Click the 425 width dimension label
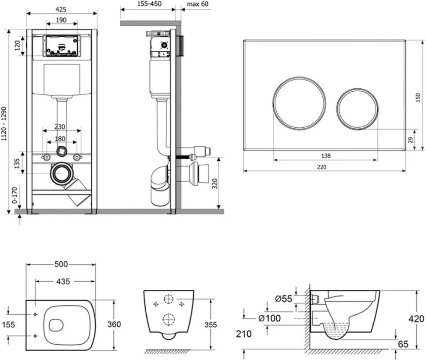[61, 10]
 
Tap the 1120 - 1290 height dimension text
[4, 124]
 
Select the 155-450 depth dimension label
[149, 4]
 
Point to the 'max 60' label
[198, 4]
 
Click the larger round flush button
[299, 102]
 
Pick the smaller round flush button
[357, 108]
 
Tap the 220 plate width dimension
[321, 167]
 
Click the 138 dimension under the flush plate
[326, 156]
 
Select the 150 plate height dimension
[418, 97]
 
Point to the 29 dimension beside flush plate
[411, 140]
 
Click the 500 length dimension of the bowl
[61, 264]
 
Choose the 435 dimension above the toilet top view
[63, 281]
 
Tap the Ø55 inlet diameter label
[283, 299]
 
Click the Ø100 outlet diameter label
[269, 318]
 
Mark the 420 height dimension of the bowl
[416, 319]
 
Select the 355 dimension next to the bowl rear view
[210, 325]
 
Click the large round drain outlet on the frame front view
[61, 174]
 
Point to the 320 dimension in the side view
[215, 184]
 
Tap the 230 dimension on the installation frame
[60, 127]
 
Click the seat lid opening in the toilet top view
[56, 325]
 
